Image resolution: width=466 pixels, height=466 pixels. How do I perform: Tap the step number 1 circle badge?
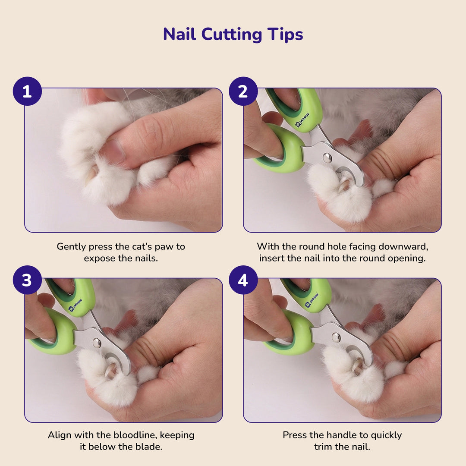click(27, 91)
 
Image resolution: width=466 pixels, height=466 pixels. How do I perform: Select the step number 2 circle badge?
click(243, 91)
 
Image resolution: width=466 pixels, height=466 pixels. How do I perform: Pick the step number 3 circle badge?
click(27, 280)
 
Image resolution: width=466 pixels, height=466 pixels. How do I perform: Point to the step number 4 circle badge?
click(243, 280)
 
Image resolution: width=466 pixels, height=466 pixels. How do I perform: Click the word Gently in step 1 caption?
click(71, 247)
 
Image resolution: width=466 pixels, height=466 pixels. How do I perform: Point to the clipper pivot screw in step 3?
click(97, 343)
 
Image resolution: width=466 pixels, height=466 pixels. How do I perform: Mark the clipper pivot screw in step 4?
click(336, 337)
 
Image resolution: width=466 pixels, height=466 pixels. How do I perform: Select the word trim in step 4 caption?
click(324, 447)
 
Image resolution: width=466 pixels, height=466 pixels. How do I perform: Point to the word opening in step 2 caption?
click(408, 258)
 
